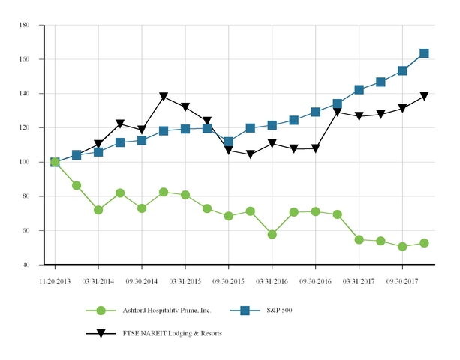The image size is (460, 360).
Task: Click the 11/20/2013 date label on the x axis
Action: (x=55, y=280)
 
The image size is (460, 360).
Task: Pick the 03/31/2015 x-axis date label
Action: (x=185, y=280)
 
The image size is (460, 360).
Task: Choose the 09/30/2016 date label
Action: (x=315, y=280)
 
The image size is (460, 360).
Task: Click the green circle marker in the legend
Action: (x=101, y=310)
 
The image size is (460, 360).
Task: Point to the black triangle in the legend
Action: (x=101, y=333)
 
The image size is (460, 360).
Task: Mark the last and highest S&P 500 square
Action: (x=424, y=53)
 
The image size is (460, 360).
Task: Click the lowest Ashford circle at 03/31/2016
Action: (x=272, y=234)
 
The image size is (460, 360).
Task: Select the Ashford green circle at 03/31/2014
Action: (x=98, y=210)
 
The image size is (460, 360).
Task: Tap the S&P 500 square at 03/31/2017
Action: (x=359, y=90)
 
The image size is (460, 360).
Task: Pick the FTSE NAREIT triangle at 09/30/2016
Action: (x=315, y=149)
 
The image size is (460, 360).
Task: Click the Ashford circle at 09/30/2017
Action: (x=402, y=246)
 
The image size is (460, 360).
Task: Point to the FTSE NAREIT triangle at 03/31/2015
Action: (x=185, y=107)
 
